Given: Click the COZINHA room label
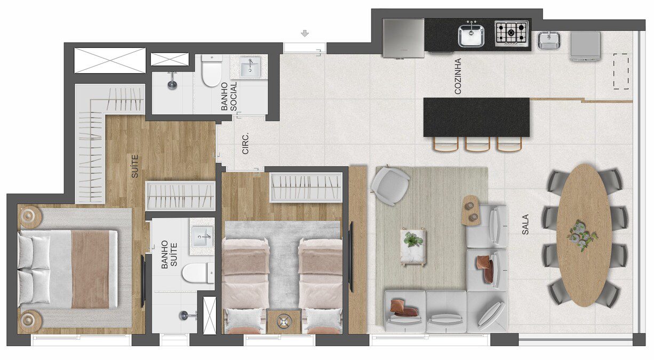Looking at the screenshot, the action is tap(458, 76).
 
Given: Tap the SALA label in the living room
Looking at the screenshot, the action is tap(525, 225).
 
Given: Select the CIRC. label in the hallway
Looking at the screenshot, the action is tap(245, 143).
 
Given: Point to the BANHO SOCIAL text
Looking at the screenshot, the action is tap(229, 97).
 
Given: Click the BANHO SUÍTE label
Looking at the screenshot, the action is tap(169, 254).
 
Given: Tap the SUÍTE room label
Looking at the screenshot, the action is tap(134, 166).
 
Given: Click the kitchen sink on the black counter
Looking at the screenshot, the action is tap(471, 35).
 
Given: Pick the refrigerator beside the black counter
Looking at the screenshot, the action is tap(403, 38).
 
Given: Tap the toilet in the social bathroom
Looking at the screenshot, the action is tap(212, 70).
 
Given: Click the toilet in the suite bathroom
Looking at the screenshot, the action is tap(198, 273).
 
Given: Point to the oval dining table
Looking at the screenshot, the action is tap(584, 235).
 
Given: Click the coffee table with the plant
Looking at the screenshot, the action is tap(413, 247).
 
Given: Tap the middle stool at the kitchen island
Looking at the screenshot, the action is tap(477, 144).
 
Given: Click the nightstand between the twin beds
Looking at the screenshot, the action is tap(284, 322).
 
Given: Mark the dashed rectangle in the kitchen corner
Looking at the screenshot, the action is tap(621, 71).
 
